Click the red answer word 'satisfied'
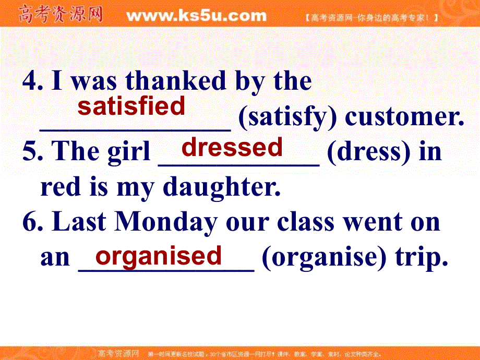[131, 106]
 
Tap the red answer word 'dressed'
[232, 148]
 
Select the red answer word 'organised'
[159, 256]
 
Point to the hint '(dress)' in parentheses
[364, 152]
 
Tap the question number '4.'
[33, 81]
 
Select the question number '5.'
[33, 152]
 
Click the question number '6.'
[33, 223]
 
